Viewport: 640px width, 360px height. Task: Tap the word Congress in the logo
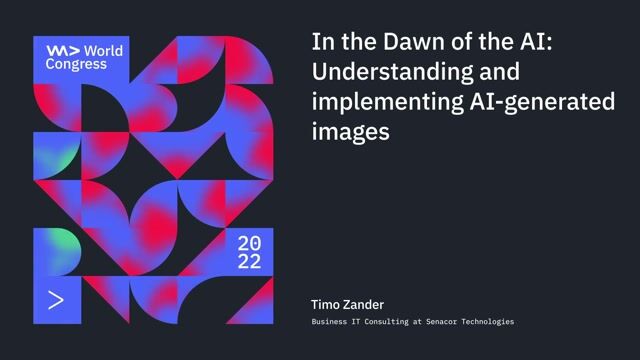[76, 64]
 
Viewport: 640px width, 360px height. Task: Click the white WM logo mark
[62, 50]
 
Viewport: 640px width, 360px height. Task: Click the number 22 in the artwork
[249, 263]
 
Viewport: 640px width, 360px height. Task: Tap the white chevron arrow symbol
[56, 300]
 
